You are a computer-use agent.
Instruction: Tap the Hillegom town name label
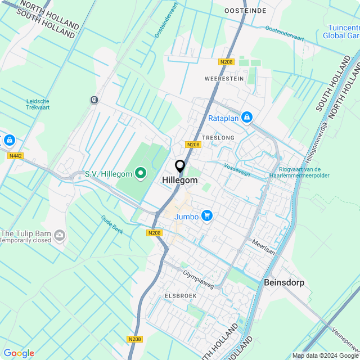pyautogui.click(x=180, y=180)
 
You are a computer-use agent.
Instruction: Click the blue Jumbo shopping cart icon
pyautogui.click(x=207, y=216)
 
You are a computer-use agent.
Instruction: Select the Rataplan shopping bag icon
pyautogui.click(x=246, y=118)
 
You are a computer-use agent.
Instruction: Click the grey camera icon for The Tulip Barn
pyautogui.click(x=60, y=234)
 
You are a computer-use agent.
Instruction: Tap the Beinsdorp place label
pyautogui.click(x=284, y=282)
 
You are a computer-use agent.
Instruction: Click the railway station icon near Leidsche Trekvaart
pyautogui.click(x=94, y=100)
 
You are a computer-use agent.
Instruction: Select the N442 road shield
pyautogui.click(x=15, y=156)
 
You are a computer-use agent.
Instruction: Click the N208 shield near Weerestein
pyautogui.click(x=227, y=62)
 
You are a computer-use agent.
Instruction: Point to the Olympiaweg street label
pyautogui.click(x=199, y=278)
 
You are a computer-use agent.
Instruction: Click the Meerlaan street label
pyautogui.click(x=264, y=248)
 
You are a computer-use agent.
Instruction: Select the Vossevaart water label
pyautogui.click(x=237, y=169)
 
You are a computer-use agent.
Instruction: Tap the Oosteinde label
pyautogui.click(x=245, y=11)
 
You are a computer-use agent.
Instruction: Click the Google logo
pyautogui.click(x=19, y=353)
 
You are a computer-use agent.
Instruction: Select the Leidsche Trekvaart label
pyautogui.click(x=38, y=104)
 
